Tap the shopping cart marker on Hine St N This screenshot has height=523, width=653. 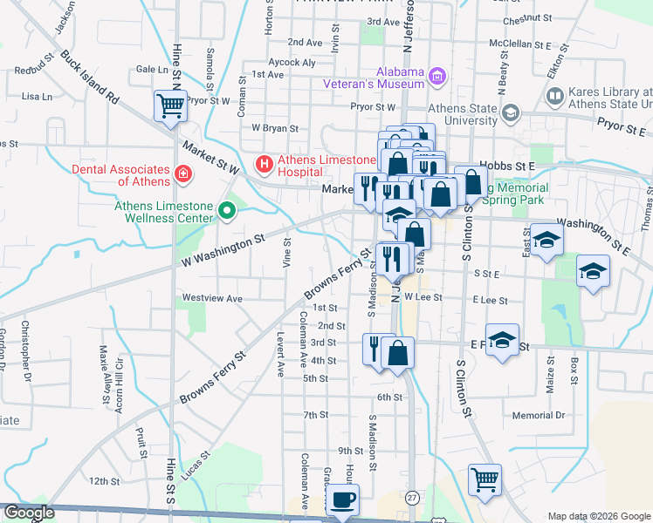(170, 106)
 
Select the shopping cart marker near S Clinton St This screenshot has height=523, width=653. (485, 479)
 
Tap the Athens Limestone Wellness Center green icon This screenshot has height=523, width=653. (227, 210)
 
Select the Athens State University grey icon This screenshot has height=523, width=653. (511, 113)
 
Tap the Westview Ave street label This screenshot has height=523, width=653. (211, 298)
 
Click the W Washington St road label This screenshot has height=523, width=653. (222, 250)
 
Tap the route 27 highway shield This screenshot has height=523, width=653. (412, 497)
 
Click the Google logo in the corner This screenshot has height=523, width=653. (28, 513)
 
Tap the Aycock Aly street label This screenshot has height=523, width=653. (291, 62)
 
